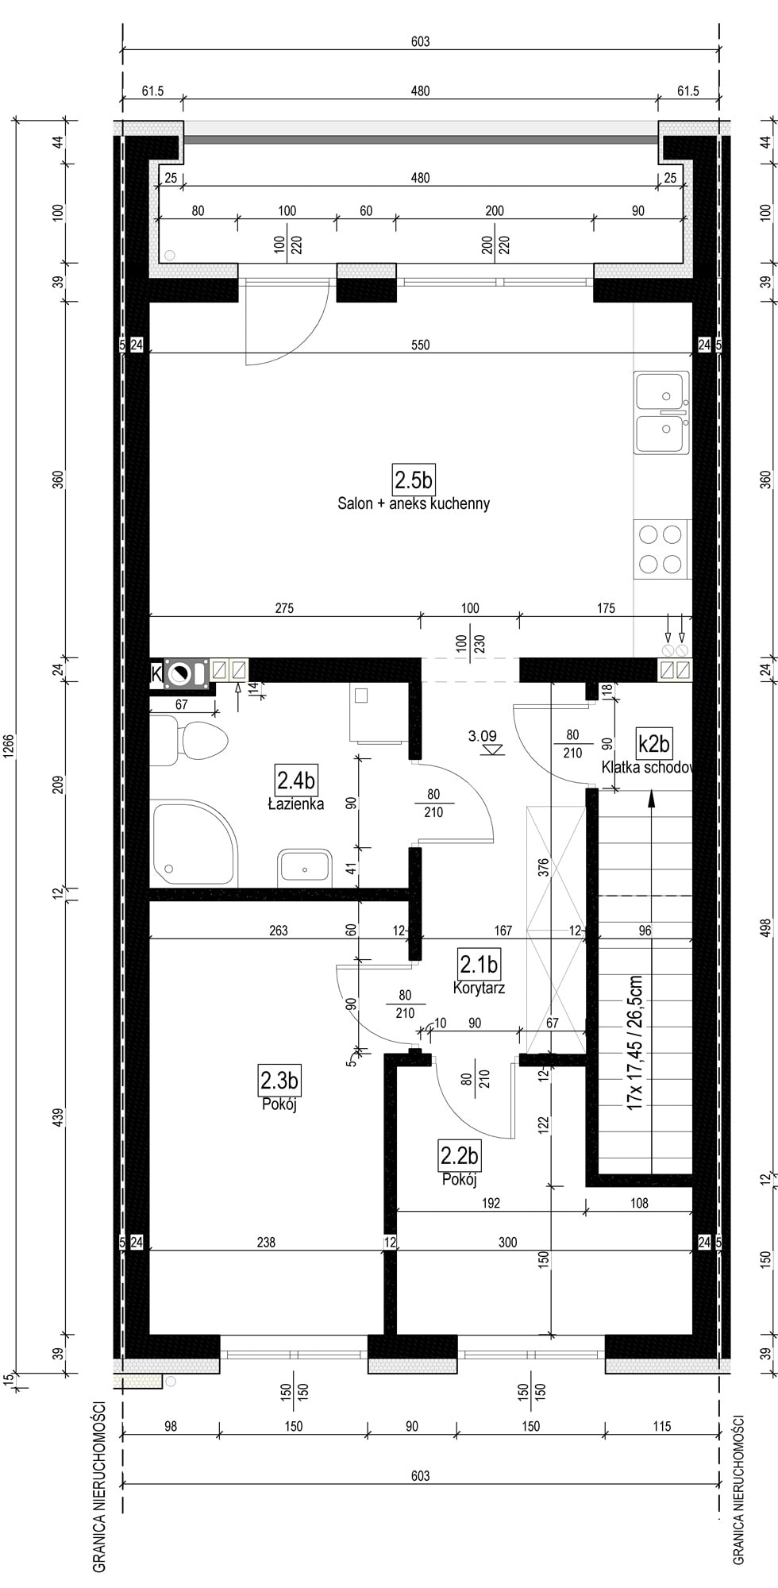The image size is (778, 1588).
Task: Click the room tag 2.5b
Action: click(x=414, y=480)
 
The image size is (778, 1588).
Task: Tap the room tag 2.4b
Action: click(x=295, y=781)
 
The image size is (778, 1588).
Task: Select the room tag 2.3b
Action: click(x=279, y=1080)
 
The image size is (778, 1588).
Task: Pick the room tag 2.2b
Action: click(x=460, y=1156)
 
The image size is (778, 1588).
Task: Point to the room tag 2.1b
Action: click(x=480, y=965)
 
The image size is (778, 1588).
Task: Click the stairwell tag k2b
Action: click(x=654, y=744)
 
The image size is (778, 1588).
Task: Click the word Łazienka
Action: click(x=295, y=804)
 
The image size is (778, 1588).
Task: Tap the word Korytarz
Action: click(x=480, y=989)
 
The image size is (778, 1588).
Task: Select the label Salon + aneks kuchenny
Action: click(x=414, y=503)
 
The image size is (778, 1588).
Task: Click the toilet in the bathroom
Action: click(x=191, y=739)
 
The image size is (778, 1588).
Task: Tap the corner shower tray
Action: click(x=194, y=843)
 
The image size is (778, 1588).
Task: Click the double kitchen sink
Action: click(x=662, y=412)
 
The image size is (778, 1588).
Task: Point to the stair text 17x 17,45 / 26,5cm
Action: click(x=634, y=1042)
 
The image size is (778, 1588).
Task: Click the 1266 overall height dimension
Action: click(x=10, y=746)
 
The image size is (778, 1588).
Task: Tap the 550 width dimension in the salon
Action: click(x=420, y=345)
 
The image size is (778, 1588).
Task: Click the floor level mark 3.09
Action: click(x=483, y=736)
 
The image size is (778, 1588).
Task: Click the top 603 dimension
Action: click(x=421, y=41)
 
